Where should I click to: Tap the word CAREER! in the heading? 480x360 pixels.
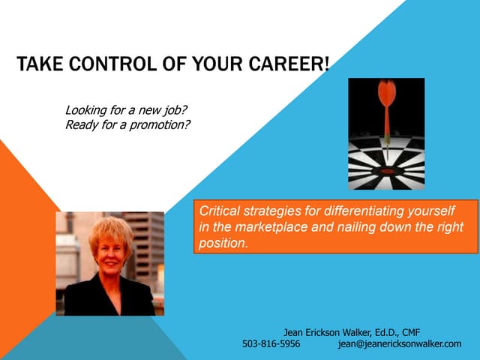[x=292, y=65]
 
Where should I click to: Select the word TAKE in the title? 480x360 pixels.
[x=40, y=65]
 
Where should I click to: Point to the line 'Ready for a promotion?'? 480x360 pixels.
[x=127, y=124]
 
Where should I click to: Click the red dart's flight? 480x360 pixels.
[x=386, y=94]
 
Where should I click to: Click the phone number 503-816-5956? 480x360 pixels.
[x=271, y=343]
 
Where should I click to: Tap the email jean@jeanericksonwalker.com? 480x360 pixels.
[x=400, y=343]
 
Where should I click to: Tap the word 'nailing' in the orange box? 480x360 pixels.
[x=382, y=227]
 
